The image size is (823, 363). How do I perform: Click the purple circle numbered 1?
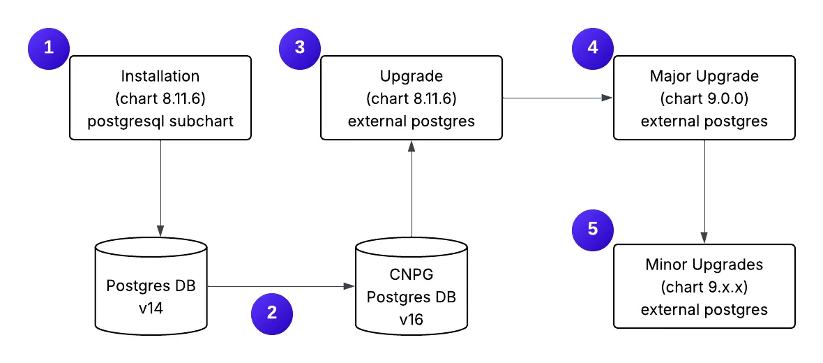(x=48, y=48)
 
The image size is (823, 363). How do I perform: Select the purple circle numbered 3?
(x=299, y=48)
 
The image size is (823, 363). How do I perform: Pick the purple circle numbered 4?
(x=593, y=48)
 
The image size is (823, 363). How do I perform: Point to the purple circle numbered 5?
(x=593, y=229)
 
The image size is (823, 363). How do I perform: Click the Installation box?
(x=160, y=98)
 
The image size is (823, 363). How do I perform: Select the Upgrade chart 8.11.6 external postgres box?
(x=412, y=98)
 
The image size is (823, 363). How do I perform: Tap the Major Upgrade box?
(x=704, y=98)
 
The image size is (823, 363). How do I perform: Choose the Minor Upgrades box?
(x=704, y=286)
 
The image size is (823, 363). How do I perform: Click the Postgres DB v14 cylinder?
(x=151, y=286)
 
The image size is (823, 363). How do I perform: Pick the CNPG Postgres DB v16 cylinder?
(x=412, y=286)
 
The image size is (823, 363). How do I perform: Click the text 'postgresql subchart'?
(x=160, y=121)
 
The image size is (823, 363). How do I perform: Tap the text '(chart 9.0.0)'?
(x=704, y=98)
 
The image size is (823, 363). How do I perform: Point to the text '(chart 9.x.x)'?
(x=704, y=287)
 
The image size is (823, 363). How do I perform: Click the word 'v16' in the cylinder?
(x=412, y=319)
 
